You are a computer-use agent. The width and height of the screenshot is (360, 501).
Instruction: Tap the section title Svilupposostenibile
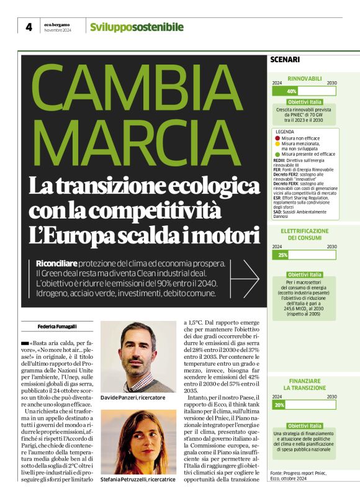[x=137, y=27]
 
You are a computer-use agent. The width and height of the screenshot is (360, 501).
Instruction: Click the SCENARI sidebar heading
[x=286, y=60]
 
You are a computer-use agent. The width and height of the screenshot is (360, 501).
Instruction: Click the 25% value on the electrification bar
[x=282, y=255]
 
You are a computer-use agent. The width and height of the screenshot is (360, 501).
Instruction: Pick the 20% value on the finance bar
[x=279, y=405]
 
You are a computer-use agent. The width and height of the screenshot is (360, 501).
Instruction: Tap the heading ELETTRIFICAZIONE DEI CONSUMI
[x=304, y=234]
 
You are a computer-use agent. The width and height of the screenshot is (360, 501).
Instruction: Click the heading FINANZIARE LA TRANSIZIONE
[x=304, y=384]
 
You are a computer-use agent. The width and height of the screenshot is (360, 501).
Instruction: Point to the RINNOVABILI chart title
[x=304, y=78]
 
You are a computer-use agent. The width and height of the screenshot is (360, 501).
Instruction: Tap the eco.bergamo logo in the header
[x=58, y=24]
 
